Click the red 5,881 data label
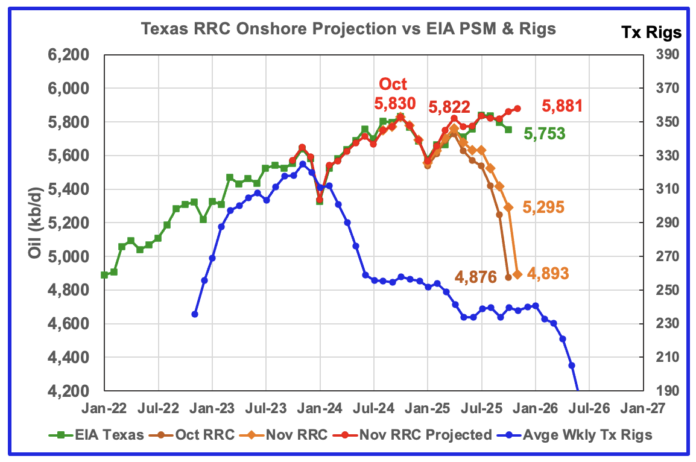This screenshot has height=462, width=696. pyautogui.click(x=562, y=107)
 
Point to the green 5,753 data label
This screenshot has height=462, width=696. pyautogui.click(x=545, y=134)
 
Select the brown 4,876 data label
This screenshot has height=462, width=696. pyautogui.click(x=476, y=277)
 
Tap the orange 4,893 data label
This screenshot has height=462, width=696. pyautogui.click(x=548, y=274)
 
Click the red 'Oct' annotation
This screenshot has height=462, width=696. pyautogui.click(x=393, y=84)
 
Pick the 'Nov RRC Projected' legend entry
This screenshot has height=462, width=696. pyautogui.click(x=434, y=434)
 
